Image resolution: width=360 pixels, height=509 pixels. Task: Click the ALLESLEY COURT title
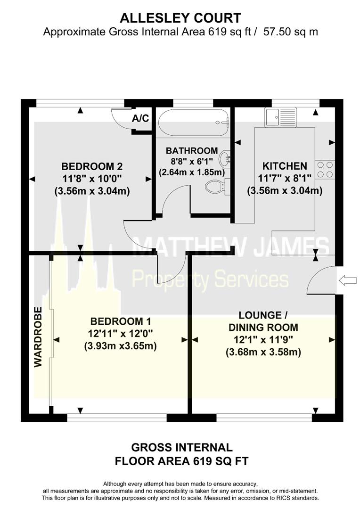[x=180, y=18]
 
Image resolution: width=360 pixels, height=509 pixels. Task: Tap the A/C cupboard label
[x=140, y=118]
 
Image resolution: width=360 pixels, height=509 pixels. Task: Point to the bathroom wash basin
[x=226, y=158]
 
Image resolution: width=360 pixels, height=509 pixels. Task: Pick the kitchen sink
[x=280, y=117]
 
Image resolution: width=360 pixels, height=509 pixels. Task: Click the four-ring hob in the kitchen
[x=325, y=170]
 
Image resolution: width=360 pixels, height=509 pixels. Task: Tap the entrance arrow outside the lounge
[x=348, y=281]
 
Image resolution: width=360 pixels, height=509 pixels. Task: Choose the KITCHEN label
[x=285, y=166]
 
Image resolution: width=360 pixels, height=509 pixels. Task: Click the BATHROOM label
[x=192, y=151]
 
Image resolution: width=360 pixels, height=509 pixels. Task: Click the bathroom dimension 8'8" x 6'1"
[x=192, y=162]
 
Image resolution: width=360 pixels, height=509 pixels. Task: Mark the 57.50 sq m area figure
[x=291, y=32]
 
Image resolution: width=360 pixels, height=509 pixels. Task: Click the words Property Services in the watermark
[x=210, y=279]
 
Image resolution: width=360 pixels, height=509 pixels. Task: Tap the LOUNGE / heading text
[x=263, y=315]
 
